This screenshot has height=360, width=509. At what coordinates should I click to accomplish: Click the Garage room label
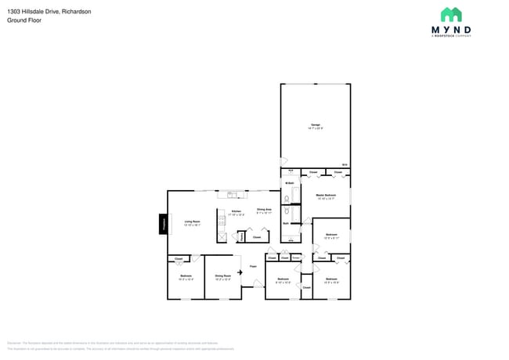pyautogui.click(x=316, y=126)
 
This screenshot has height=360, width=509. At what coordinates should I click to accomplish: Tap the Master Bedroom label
pyautogui.click(x=326, y=196)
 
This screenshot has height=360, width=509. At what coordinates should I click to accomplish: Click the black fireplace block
pyautogui.click(x=164, y=224)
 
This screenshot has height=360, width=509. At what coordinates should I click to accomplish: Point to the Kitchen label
pyautogui.click(x=236, y=212)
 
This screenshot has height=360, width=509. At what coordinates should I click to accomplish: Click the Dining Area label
pyautogui.click(x=264, y=211)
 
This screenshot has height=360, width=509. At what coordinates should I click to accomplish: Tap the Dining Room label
pyautogui.click(x=222, y=276)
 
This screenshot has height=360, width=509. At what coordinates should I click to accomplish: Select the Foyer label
pyautogui.click(x=253, y=267)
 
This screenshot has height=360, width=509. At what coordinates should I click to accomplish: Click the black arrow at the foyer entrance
pyautogui.click(x=240, y=272)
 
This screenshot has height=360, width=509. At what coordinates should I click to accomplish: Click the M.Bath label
pyautogui.click(x=289, y=183)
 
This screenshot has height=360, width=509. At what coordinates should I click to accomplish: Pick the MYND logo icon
pyautogui.click(x=451, y=15)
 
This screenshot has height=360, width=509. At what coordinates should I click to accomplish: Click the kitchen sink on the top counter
pyautogui.click(x=232, y=195)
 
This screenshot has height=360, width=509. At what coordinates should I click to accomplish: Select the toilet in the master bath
pyautogui.click(x=287, y=210)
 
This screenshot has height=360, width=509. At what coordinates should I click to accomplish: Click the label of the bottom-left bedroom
pyautogui.click(x=186, y=276)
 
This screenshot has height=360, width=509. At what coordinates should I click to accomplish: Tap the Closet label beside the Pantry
pyautogui.click(x=256, y=236)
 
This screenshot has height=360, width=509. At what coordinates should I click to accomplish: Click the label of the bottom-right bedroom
pyautogui.click(x=331, y=279)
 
